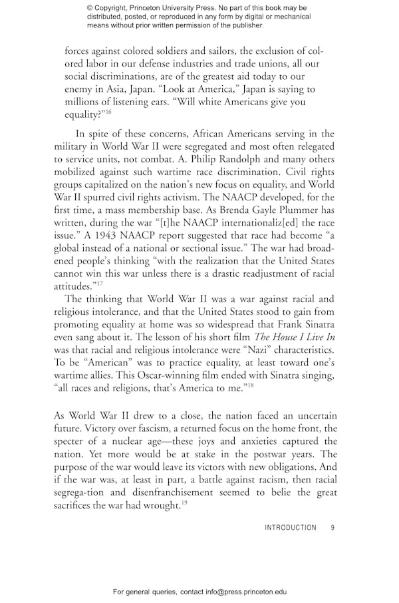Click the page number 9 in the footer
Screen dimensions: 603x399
(332, 528)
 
